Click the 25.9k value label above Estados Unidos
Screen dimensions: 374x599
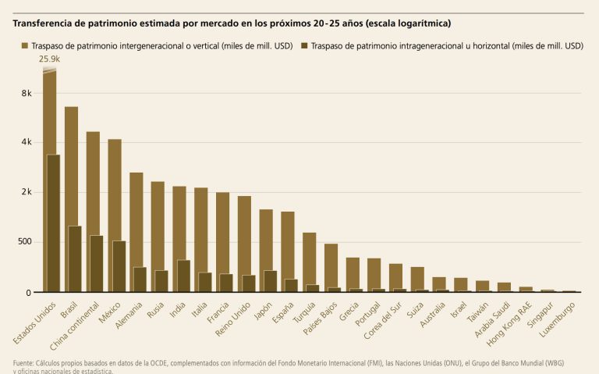coord(50,59)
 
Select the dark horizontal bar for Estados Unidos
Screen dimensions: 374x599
coord(53,223)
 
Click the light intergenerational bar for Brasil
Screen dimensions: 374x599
coord(70,164)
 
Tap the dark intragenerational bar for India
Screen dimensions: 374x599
coord(183,276)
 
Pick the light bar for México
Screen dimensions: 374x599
coord(114,187)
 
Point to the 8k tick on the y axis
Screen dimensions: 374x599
coord(27,93)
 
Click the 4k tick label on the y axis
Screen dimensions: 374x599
coord(27,142)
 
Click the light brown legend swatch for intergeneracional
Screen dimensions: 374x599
coord(25,46)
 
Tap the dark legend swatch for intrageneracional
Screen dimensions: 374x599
coord(304,46)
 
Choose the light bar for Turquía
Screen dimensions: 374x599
coord(309,258)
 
